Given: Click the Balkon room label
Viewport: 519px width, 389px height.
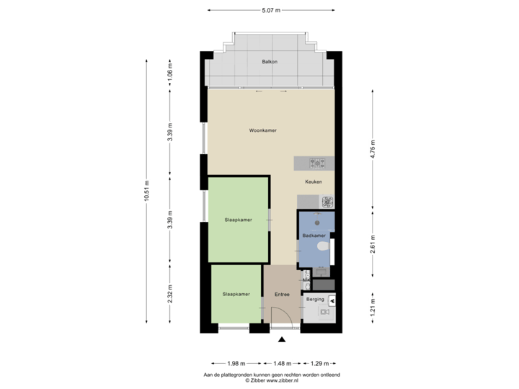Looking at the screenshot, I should (x=270, y=62).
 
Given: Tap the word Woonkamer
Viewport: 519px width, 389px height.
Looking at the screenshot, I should (x=263, y=130).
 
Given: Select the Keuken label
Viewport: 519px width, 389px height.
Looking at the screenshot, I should (x=313, y=183).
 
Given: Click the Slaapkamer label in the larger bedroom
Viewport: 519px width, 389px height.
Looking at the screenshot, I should (x=237, y=220).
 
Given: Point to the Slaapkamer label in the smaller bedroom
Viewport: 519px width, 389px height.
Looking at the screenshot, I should (x=236, y=294).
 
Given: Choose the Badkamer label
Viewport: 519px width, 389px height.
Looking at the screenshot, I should (x=314, y=236).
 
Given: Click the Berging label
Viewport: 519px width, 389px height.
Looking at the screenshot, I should (x=315, y=298).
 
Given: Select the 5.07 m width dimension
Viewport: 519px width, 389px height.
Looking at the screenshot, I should (x=271, y=10).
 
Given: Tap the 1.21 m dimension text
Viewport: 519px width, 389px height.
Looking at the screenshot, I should (x=372, y=310).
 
